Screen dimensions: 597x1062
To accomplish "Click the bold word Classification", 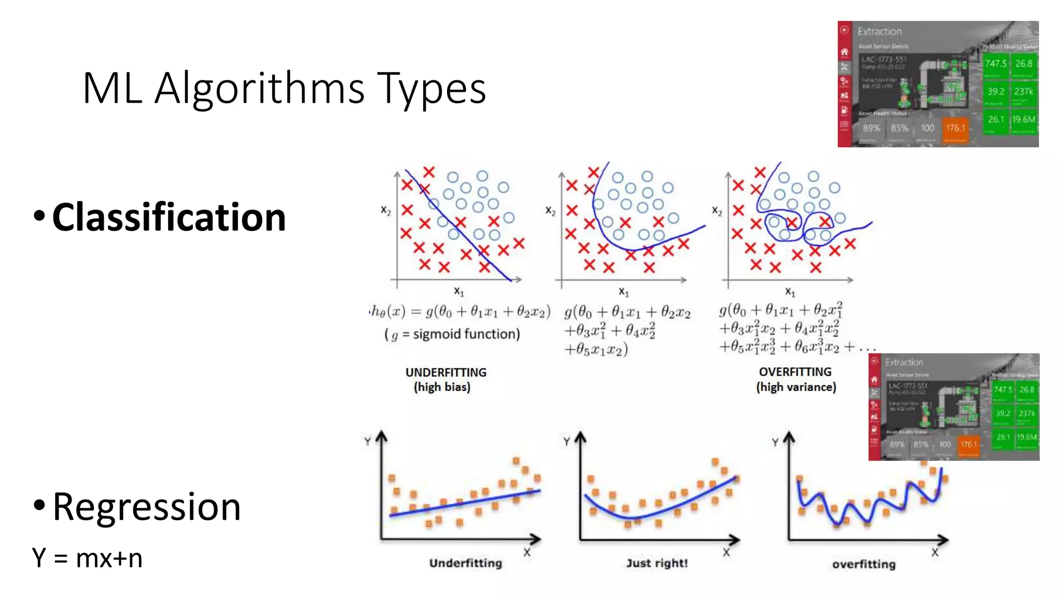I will [169, 217].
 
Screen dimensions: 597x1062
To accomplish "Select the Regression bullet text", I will [147, 507].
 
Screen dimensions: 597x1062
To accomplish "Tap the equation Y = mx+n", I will [87, 558].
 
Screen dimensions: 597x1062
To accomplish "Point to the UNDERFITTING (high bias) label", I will [445, 379].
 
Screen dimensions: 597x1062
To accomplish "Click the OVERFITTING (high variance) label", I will [795, 379].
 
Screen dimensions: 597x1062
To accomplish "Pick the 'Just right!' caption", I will [656, 563].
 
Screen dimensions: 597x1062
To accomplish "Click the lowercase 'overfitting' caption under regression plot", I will [863, 564].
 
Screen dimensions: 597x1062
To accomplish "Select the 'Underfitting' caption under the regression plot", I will [465, 563].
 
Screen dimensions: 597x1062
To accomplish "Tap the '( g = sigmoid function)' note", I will [452, 334].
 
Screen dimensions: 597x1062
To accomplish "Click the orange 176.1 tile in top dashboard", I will [955, 128].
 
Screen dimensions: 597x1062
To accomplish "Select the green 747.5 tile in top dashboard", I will [996, 64].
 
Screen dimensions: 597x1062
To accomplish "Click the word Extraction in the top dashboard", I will [879, 32].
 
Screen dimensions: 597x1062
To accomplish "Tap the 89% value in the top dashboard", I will [871, 128].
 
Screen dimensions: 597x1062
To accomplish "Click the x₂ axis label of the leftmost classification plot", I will [386, 210].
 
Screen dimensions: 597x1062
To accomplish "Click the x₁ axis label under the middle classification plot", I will [623, 292].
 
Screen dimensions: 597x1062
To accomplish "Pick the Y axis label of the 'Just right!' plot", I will [566, 442].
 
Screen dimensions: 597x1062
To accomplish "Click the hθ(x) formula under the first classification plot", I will [459, 311].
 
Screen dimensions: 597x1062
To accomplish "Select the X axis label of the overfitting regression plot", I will [934, 552].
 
